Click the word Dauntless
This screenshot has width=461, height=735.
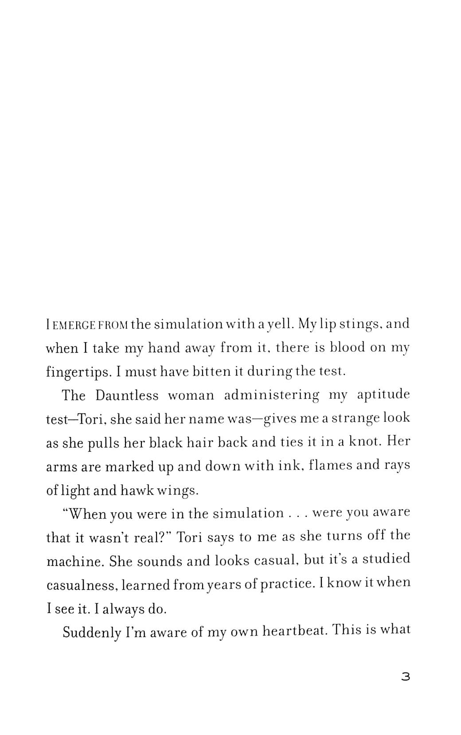pos(127,396)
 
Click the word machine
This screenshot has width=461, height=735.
pos(74,562)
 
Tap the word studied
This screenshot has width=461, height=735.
pos(386,560)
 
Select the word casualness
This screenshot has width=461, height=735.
pos(82,586)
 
